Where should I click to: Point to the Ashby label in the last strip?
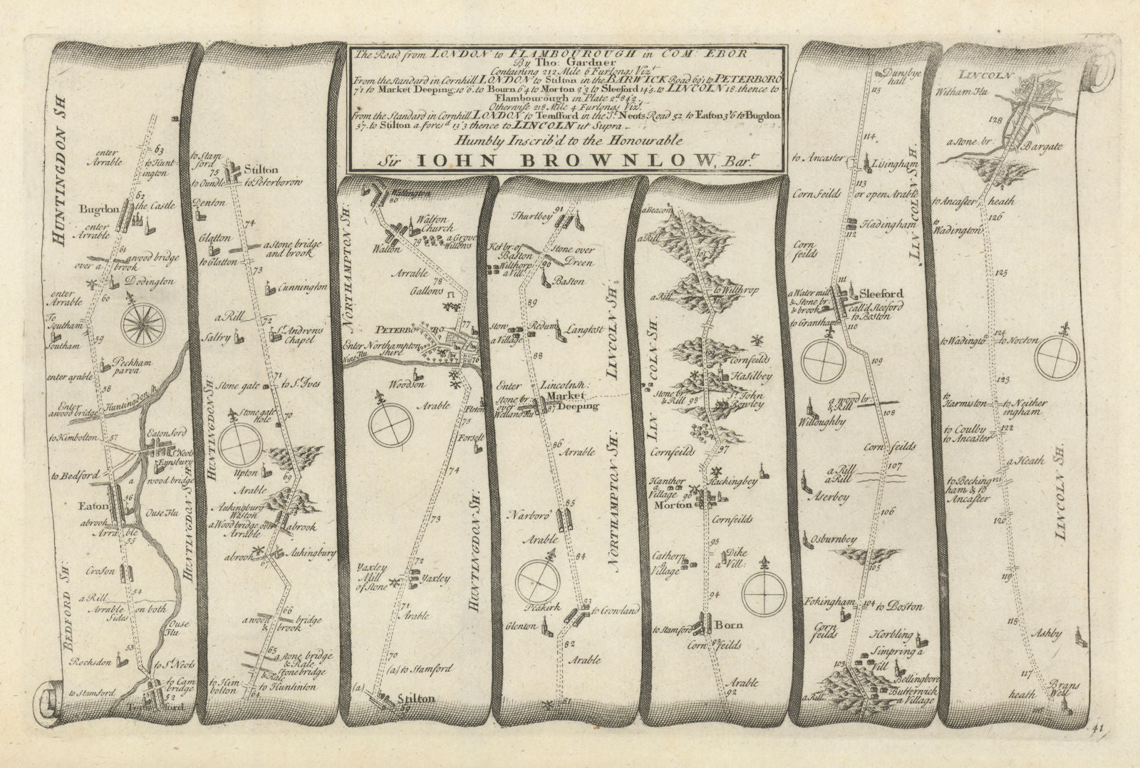pyautogui.click(x=1046, y=633)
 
